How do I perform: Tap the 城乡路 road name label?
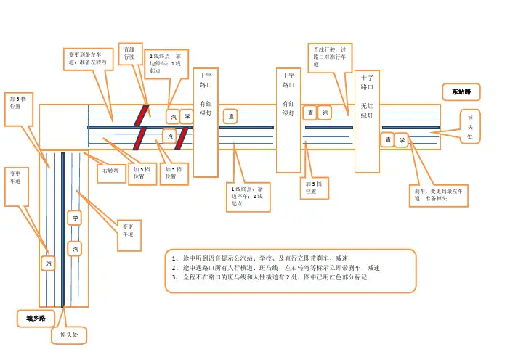tap(36, 318)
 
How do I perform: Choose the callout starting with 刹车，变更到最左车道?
tap(440, 195)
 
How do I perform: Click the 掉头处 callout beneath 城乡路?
tap(68, 335)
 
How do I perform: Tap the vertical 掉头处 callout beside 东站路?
tap(470, 126)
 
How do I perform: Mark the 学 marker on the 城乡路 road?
tap(75, 218)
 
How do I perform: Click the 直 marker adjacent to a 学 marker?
tap(387, 140)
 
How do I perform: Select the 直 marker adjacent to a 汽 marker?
tap(309, 112)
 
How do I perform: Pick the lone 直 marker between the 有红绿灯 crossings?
tap(230, 116)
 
